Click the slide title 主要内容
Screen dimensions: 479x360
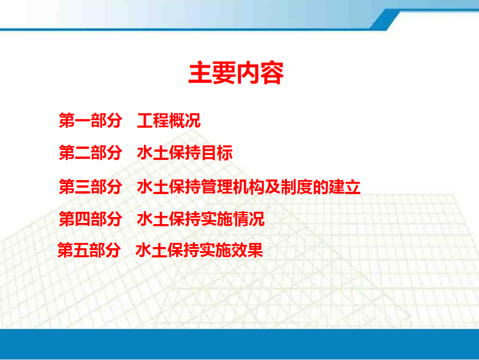(236, 73)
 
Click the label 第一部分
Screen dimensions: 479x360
(91, 120)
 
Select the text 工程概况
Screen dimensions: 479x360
(169, 120)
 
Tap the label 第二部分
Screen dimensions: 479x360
(91, 152)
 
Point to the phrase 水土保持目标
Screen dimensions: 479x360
(185, 152)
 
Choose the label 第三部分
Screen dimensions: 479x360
(91, 186)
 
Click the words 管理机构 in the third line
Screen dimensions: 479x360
(233, 186)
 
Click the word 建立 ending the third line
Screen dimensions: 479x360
(344, 186)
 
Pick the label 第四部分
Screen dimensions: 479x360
(91, 219)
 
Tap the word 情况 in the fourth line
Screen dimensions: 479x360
(249, 219)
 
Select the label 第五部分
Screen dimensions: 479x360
(89, 250)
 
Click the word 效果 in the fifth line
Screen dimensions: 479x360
(247, 250)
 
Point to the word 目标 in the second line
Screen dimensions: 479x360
(217, 152)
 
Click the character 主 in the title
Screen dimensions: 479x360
(200, 73)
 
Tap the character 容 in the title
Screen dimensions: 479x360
(272, 73)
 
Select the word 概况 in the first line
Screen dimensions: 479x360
(185, 120)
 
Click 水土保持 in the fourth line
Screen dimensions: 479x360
(169, 219)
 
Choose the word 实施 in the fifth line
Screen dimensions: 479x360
(215, 250)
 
